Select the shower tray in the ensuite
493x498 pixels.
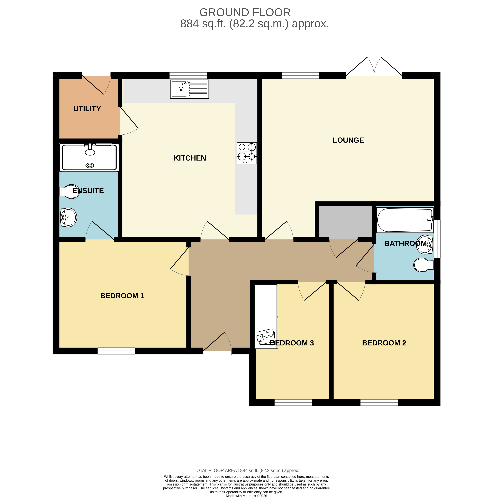pos(89,157)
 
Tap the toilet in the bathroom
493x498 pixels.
pos(423,265)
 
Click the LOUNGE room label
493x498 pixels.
pos(348,140)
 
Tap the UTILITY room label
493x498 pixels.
pos(87,109)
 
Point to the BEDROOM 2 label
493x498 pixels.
pos(384,343)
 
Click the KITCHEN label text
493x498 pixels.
pos(190,158)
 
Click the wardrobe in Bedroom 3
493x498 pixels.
pos(266,316)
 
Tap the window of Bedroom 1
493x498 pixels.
pos(116,351)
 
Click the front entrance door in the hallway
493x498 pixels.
pos(217,344)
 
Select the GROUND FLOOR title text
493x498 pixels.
pos(245,12)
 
